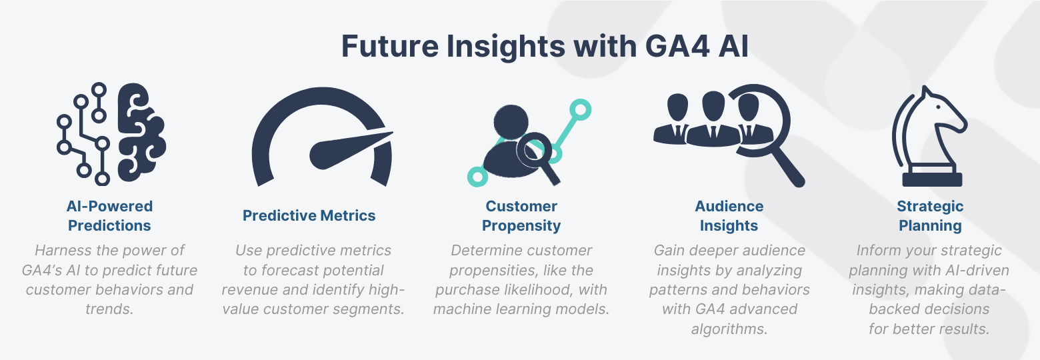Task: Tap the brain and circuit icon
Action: coord(110,133)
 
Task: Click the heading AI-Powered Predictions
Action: coord(109,215)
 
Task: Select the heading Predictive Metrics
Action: coord(309,215)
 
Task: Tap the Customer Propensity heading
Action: coord(521,215)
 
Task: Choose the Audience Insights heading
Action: coord(729,215)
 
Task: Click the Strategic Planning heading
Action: coord(930,215)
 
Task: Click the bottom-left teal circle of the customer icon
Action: coord(477,176)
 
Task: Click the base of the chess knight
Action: coord(931,179)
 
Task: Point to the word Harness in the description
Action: coord(61,251)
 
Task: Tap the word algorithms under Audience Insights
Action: coord(729,329)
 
